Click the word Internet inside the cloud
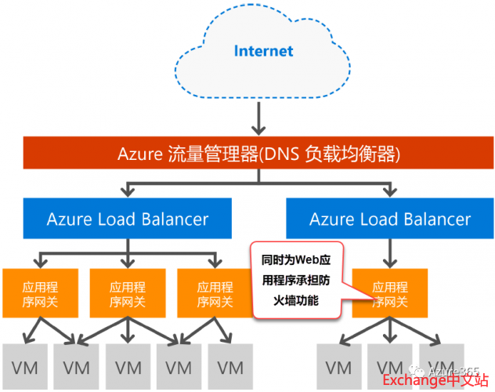click(263, 51)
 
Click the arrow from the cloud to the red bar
click(258, 118)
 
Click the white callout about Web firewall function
click(298, 279)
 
